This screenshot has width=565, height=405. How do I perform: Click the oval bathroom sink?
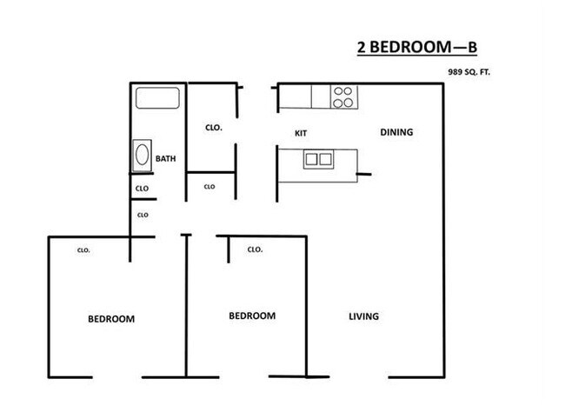pos(142,157)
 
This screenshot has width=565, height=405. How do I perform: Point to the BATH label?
pos(165,159)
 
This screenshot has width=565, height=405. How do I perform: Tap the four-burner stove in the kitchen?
pos(343,96)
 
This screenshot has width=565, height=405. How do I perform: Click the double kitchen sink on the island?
pos(317,159)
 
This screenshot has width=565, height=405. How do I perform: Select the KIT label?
pos(302,133)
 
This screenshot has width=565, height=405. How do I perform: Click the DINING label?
pos(396,133)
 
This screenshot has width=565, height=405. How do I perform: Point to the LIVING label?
pos(363,316)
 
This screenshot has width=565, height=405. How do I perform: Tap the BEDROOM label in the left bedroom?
pos(111,319)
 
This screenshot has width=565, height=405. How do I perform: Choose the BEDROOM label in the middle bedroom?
pos(252,316)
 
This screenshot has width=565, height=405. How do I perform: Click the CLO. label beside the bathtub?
pos(214,127)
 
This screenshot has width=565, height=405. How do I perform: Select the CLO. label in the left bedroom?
pos(84,250)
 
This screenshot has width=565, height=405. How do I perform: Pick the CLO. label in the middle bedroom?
pos(255,249)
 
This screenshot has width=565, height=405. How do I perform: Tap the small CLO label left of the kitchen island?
pos(209,186)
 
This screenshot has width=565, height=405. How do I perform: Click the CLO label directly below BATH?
pos(142,189)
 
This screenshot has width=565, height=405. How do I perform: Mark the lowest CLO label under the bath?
pos(143,214)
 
